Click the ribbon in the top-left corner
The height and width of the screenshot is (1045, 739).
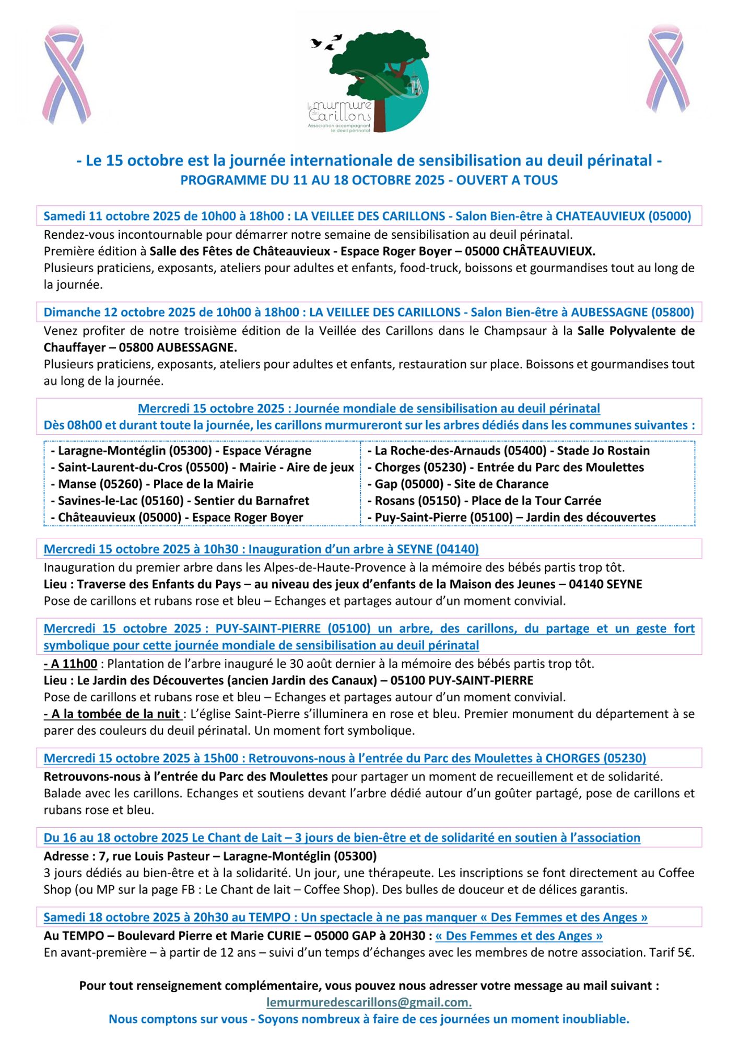[x=66, y=75]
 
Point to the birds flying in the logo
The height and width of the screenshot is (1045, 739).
[x=326, y=42]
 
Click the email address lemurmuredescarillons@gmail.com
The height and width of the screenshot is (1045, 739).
[x=369, y=1002]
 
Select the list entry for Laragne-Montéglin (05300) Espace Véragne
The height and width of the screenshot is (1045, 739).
[x=181, y=450]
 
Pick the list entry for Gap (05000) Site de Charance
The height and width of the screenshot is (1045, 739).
[x=461, y=484]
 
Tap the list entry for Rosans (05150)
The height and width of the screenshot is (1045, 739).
[x=488, y=501]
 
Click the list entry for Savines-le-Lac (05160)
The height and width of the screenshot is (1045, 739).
[x=180, y=501]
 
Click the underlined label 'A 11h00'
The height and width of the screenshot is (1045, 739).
[x=71, y=664]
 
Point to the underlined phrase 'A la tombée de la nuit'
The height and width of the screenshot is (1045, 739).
[x=113, y=714]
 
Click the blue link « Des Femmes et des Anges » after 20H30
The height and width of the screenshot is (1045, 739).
[x=519, y=935]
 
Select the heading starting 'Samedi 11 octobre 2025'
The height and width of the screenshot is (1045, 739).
[x=367, y=216]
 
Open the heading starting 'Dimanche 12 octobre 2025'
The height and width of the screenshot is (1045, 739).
[x=369, y=312]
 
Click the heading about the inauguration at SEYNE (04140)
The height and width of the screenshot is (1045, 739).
[x=261, y=549]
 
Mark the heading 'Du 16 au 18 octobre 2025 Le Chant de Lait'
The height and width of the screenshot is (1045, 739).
[x=342, y=838]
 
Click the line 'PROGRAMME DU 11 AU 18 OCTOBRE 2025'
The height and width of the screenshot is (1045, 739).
[x=369, y=180]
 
